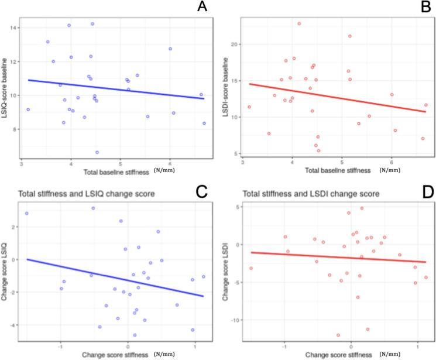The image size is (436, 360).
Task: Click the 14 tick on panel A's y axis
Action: point(15,28)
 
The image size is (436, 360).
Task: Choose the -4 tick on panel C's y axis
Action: point(14,325)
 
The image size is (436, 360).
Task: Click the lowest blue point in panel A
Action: point(97,152)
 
